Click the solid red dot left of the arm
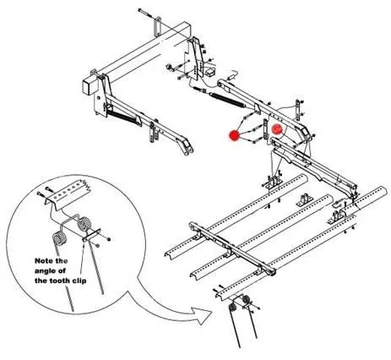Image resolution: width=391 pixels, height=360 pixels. pyautogui.click(x=234, y=135)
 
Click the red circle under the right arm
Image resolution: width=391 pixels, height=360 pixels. pyautogui.click(x=277, y=129)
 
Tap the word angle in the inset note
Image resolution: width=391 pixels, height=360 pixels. pyautogui.click(x=45, y=271)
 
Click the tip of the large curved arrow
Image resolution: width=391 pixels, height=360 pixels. pyautogui.click(x=211, y=312)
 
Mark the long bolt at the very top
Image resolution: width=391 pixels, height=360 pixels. pyautogui.click(x=149, y=14)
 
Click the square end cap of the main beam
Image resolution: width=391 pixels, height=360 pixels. pyautogui.click(x=89, y=87)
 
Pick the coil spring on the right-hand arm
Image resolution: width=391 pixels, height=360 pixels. pyautogui.click(x=227, y=99)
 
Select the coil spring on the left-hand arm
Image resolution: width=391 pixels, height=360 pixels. pyautogui.click(x=122, y=117)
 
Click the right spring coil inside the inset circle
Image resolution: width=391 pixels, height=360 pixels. pyautogui.click(x=84, y=224)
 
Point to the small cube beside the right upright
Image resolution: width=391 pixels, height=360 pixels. pyautogui.click(x=210, y=73)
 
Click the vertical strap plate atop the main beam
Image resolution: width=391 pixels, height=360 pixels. pyautogui.click(x=158, y=27)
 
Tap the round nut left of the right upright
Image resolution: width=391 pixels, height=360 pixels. pyautogui.click(x=168, y=68)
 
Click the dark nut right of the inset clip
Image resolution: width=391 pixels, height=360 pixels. pyautogui.click(x=109, y=239)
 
